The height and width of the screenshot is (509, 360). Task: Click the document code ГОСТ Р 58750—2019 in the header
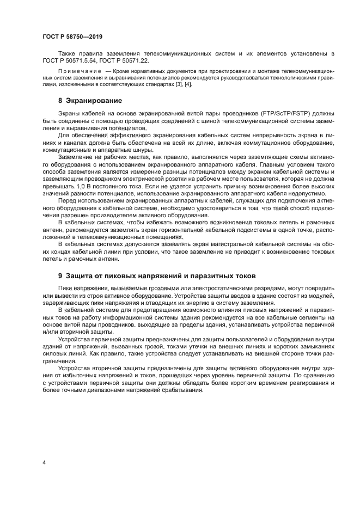(x=72, y=36)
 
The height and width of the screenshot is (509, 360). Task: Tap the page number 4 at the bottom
(x=44, y=462)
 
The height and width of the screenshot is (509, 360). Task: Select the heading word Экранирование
(x=94, y=101)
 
